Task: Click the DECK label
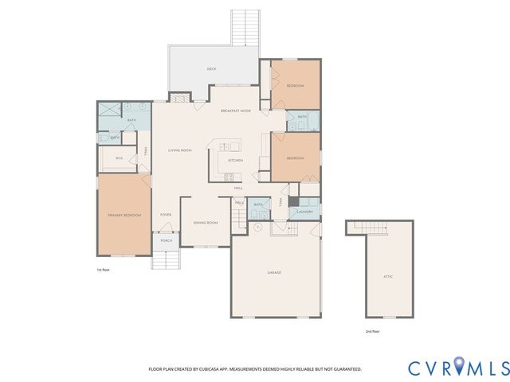[x=211, y=69]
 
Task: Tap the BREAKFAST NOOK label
[x=236, y=111]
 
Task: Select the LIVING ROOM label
[x=180, y=150]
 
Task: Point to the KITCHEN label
[x=235, y=160]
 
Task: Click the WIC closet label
[x=119, y=158]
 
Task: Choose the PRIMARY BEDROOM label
[x=124, y=215]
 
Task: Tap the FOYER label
[x=166, y=215]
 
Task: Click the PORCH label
[x=167, y=240]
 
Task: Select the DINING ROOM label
[x=206, y=223]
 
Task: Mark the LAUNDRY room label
[x=304, y=212]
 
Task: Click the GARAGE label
[x=274, y=272]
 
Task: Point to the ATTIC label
[x=388, y=276]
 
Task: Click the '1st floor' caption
[x=103, y=271]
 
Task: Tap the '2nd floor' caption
[x=372, y=330]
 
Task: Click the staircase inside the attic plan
[x=370, y=229]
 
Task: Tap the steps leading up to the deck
[x=245, y=27]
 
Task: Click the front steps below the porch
[x=166, y=259]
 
